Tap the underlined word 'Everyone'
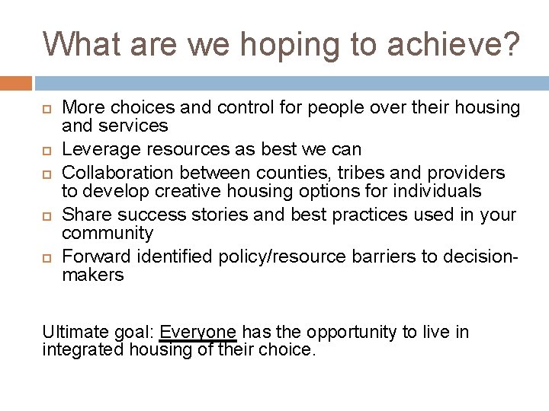198,333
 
